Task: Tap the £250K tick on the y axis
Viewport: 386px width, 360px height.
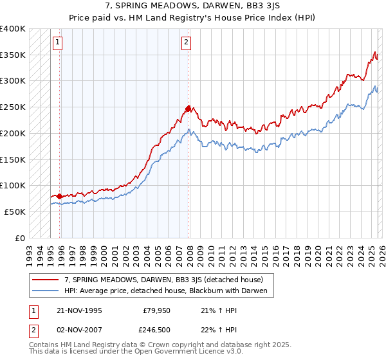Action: pos(13,107)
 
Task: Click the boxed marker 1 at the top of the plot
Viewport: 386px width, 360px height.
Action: pos(58,43)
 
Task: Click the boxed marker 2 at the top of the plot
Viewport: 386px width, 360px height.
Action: pos(186,43)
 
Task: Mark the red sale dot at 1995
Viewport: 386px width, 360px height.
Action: pos(59,196)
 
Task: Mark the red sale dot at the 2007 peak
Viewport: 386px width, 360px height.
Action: pos(188,109)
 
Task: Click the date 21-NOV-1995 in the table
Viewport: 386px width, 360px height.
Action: pos(78,309)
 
